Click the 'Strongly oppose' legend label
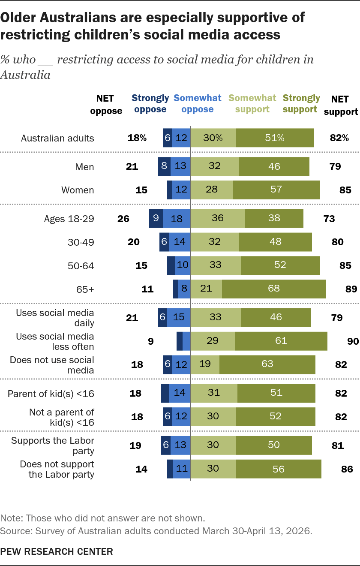[x=150, y=104]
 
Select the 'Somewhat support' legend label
[x=252, y=104]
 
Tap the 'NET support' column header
[x=341, y=105]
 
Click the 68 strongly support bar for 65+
[x=273, y=289]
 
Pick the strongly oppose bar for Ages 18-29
[x=156, y=219]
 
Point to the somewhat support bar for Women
[x=212, y=190]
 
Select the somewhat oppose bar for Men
[x=180, y=166]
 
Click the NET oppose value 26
[x=123, y=219]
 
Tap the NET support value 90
[x=353, y=341]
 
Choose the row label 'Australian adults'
[x=57, y=138]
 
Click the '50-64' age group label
[x=81, y=266]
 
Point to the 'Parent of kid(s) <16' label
[x=51, y=394]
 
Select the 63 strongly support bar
[x=267, y=364]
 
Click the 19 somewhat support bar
[x=205, y=364]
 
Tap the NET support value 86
[x=347, y=469]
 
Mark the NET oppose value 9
[x=150, y=341]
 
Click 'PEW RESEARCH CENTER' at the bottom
[x=57, y=551]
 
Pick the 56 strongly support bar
[x=279, y=469]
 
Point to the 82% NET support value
[x=339, y=138]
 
